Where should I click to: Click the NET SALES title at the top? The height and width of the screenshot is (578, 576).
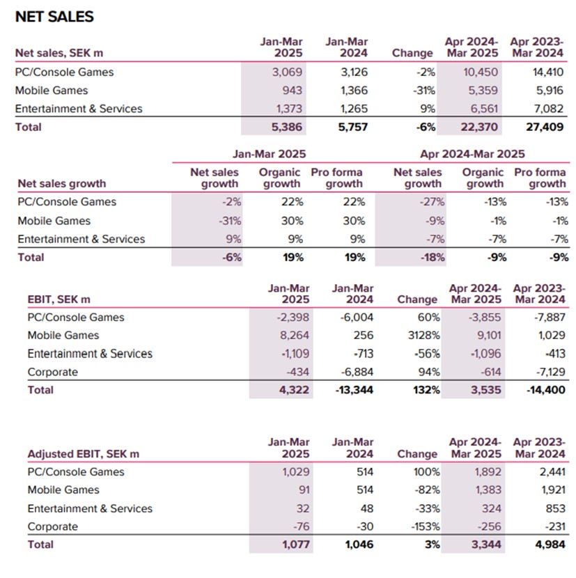pyautogui.click(x=54, y=17)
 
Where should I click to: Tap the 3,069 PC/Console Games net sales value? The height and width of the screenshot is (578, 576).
pyautogui.click(x=286, y=72)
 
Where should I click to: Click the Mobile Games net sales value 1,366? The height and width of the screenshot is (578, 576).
pyautogui.click(x=352, y=91)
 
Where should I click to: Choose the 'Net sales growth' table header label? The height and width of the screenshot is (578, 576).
pyautogui.click(x=62, y=184)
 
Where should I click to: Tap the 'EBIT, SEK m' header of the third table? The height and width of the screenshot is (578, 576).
pyautogui.click(x=59, y=299)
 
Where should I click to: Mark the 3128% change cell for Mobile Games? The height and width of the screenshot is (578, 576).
pyautogui.click(x=422, y=336)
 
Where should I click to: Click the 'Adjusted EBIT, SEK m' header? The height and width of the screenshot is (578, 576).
pyautogui.click(x=83, y=454)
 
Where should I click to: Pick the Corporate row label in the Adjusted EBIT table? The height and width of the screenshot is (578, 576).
pyautogui.click(x=52, y=526)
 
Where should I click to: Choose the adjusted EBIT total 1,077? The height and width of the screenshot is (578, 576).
pyautogui.click(x=293, y=545)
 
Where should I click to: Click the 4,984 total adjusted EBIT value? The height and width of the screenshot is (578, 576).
pyautogui.click(x=548, y=545)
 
